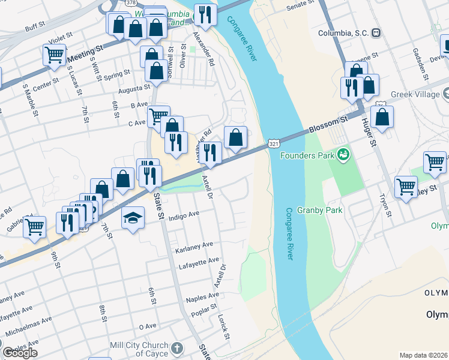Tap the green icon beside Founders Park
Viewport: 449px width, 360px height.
pos(343,155)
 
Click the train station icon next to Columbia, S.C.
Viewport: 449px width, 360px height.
pos(376,32)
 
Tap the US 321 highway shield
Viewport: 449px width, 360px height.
pos(274,144)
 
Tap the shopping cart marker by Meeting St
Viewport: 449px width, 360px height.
pos(54,55)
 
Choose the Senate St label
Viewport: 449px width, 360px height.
pos(301,6)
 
